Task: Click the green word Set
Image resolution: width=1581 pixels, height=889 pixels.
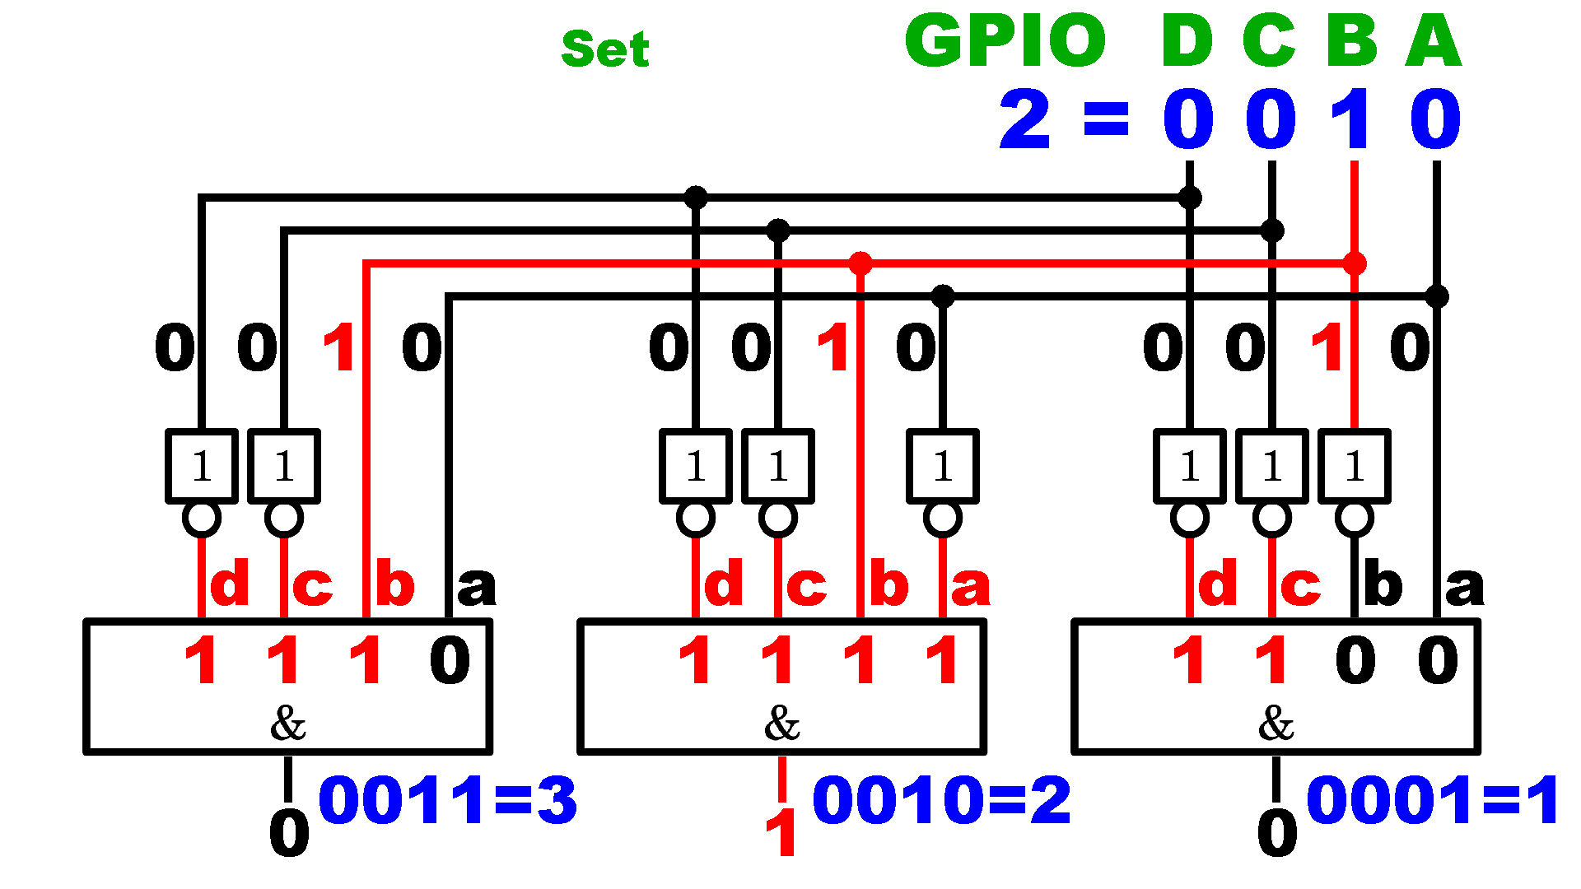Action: pyautogui.click(x=605, y=49)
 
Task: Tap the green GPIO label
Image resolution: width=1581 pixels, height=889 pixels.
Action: pyautogui.click(x=1005, y=40)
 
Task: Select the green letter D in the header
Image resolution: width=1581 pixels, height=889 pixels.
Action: pyautogui.click(x=1187, y=40)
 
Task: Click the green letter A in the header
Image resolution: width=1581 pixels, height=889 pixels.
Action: pyautogui.click(x=1434, y=40)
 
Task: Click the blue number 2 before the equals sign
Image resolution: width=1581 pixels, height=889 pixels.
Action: pyautogui.click(x=1025, y=120)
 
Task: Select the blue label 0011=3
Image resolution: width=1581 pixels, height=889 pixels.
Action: pyautogui.click(x=448, y=800)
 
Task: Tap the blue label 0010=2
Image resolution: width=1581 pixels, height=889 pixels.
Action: pyautogui.click(x=942, y=800)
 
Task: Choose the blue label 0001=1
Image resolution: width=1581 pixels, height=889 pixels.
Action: pyautogui.click(x=1434, y=800)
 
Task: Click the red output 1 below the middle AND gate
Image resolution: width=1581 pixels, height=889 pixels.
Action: pyautogui.click(x=781, y=833)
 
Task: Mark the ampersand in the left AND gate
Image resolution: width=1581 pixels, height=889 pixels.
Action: pyautogui.click(x=288, y=724)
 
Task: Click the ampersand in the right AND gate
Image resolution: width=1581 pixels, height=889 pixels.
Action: pyautogui.click(x=1276, y=724)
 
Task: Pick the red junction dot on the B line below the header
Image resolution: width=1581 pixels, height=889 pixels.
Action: pyautogui.click(x=1355, y=263)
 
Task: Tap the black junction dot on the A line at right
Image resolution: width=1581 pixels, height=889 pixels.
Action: pyautogui.click(x=1437, y=296)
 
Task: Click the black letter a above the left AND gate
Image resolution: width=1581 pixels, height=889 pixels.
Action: pyautogui.click(x=477, y=586)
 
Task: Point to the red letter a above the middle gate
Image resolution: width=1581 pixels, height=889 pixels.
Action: pyautogui.click(x=971, y=586)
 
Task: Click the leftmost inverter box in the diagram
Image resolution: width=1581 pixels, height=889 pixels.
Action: pyautogui.click(x=202, y=466)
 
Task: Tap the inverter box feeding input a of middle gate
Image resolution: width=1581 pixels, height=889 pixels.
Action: pyautogui.click(x=943, y=466)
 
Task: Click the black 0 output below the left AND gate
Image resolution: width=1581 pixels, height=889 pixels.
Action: pyautogui.click(x=289, y=833)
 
